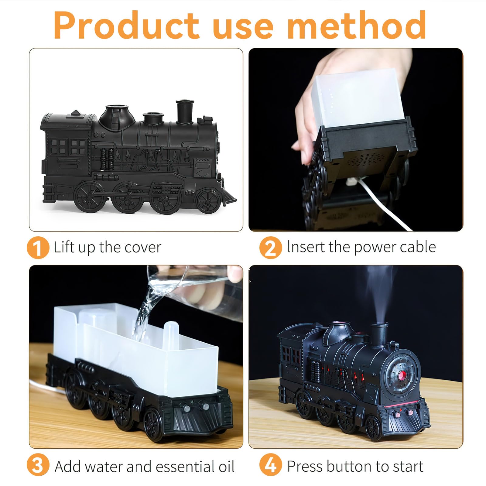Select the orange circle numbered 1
pyautogui.click(x=38, y=248)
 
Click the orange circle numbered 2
pyautogui.click(x=271, y=248)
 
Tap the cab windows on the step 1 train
pyautogui.click(x=68, y=147)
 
